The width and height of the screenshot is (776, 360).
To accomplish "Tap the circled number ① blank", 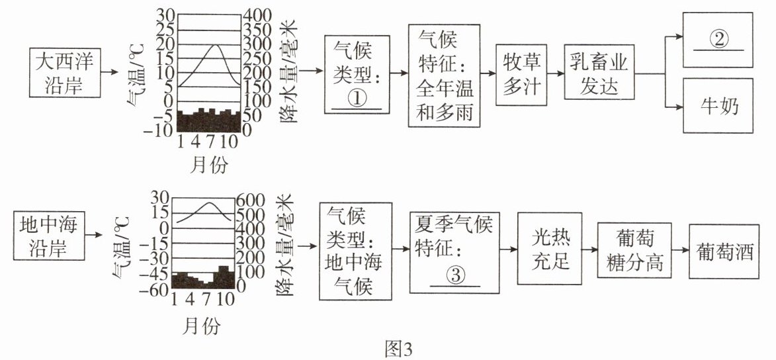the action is (357, 101).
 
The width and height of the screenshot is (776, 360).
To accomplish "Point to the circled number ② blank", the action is (718, 40).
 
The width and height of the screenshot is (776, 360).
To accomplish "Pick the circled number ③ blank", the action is (455, 277).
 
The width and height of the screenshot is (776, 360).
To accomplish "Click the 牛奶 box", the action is (718, 105).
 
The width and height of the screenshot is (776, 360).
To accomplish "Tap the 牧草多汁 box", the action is (521, 75).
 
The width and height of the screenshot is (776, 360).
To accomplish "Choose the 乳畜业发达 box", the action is (599, 73).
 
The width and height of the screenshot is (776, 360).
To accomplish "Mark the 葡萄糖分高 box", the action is (630, 249).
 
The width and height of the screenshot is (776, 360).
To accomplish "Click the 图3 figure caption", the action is (398, 349).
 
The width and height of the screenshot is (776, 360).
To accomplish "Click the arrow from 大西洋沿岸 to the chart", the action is (109, 72).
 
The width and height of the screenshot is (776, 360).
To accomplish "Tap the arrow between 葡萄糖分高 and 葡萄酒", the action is (676, 251).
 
